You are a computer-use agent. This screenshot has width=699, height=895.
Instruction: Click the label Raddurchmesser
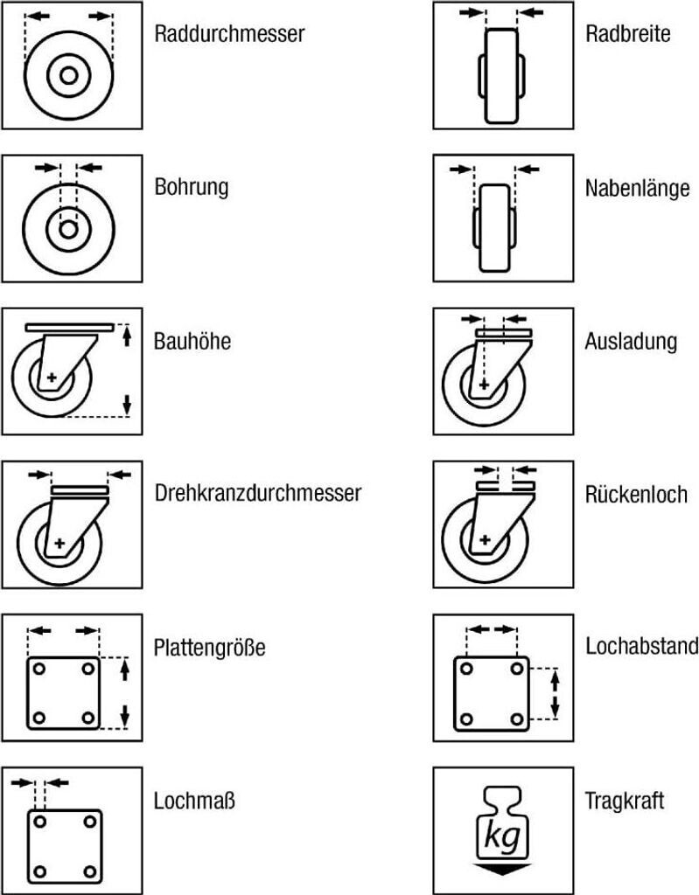[x=229, y=35]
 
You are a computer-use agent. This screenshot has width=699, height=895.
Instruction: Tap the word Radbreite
[x=627, y=34]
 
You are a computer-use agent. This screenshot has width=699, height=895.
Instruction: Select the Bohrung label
[x=192, y=187]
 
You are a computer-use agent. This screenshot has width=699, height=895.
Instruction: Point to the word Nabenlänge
[x=637, y=188]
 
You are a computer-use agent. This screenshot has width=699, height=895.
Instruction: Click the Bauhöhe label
[x=192, y=341]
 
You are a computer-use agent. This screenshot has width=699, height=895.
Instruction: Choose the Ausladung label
[x=631, y=341]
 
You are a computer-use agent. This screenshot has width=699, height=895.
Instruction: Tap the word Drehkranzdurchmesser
[x=257, y=493]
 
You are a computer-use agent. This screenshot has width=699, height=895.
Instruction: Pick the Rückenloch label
[x=635, y=493]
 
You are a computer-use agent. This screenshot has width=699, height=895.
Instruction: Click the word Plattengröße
[x=209, y=648]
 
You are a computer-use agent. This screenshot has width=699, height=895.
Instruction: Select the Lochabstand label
[x=641, y=646]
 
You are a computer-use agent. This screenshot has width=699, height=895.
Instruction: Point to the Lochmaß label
[x=195, y=800]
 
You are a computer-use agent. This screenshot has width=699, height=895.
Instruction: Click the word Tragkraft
[x=625, y=800]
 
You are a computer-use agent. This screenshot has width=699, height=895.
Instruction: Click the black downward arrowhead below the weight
[x=503, y=868]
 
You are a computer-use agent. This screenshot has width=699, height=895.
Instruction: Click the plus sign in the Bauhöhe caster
[x=52, y=378]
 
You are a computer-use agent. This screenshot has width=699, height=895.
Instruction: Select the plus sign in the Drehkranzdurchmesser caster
[x=59, y=544]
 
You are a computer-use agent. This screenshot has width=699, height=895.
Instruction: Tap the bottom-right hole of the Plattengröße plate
[x=87, y=717]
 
